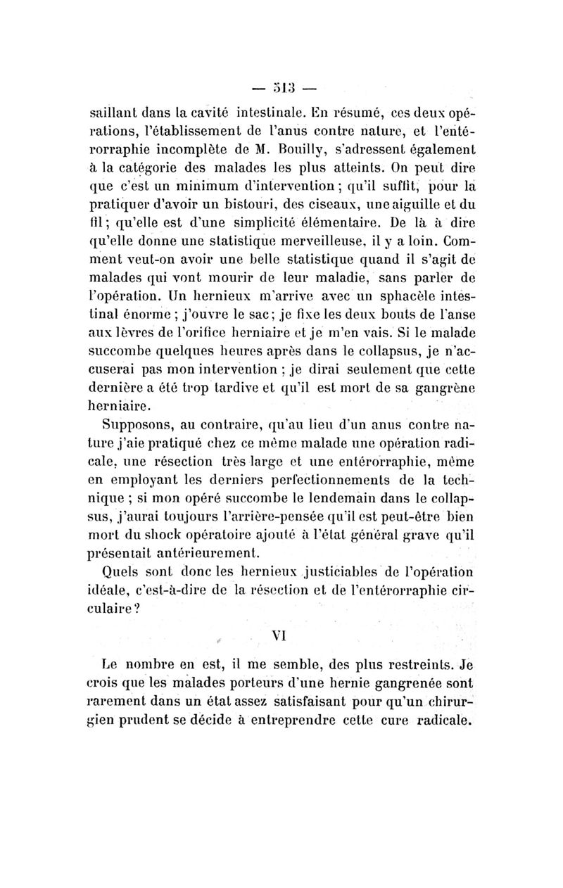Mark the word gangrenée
pos(398,683)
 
